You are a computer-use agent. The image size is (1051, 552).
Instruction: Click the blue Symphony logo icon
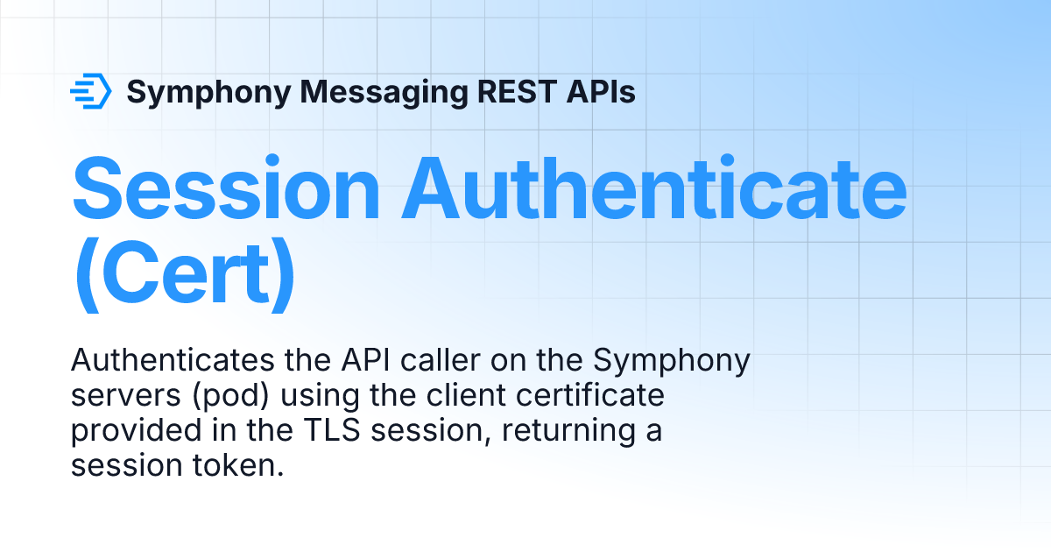pyautogui.click(x=91, y=91)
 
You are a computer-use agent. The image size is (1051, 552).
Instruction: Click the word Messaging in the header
pyautogui.click(x=384, y=93)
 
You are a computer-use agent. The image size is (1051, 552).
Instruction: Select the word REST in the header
pyautogui.click(x=517, y=91)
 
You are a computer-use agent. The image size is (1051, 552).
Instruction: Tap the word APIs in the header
pyautogui.click(x=601, y=91)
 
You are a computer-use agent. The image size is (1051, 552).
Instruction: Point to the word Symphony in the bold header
pyautogui.click(x=208, y=93)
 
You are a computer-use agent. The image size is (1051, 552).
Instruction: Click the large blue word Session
pyautogui.click(x=226, y=188)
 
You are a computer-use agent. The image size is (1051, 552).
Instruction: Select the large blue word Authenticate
pyautogui.click(x=654, y=188)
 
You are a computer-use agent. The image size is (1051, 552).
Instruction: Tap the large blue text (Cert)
pyautogui.click(x=185, y=274)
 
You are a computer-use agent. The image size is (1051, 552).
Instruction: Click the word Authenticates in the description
pyautogui.click(x=173, y=360)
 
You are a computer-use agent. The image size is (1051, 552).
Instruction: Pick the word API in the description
pyautogui.click(x=365, y=360)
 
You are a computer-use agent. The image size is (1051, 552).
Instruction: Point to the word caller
pyautogui.click(x=440, y=360)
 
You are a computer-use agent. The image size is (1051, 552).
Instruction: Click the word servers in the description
pyautogui.click(x=126, y=396)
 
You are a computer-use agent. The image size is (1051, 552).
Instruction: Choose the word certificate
pyautogui.click(x=590, y=395)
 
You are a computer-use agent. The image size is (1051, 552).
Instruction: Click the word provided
pyautogui.click(x=136, y=432)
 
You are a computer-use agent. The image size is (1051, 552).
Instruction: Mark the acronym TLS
pyautogui.click(x=332, y=430)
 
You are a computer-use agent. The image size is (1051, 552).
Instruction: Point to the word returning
pyautogui.click(x=568, y=432)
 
